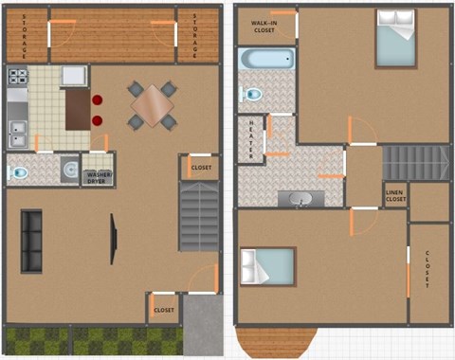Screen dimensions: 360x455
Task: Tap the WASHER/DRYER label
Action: click(100, 176)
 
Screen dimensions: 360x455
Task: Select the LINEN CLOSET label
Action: click(395, 196)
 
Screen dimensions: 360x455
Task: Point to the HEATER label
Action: click(252, 138)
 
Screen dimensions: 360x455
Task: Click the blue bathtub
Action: click(265, 60)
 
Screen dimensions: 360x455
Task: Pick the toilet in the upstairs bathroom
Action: click(253, 94)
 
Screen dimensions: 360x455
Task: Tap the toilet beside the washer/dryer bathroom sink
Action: click(18, 172)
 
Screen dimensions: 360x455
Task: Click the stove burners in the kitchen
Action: click(18, 76)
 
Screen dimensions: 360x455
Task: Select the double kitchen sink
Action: click(17, 134)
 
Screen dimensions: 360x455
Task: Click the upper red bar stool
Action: click(98, 99)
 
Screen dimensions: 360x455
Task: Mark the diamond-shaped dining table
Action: click(152, 105)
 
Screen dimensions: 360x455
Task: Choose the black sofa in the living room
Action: click(31, 241)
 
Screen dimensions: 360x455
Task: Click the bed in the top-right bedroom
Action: click(395, 38)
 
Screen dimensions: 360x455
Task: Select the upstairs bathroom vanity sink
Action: click(300, 199)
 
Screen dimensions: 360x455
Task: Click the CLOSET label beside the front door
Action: click(164, 310)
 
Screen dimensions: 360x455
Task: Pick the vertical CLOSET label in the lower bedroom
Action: click(428, 269)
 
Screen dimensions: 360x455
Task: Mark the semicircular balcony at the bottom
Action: click(275, 340)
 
